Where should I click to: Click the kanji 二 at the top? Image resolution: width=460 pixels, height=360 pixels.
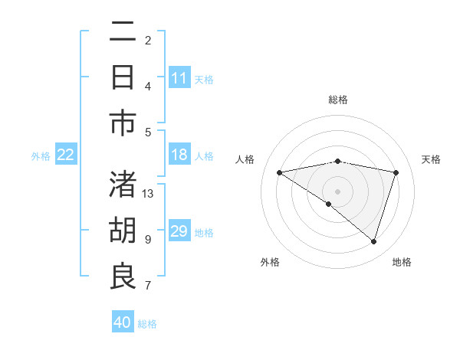[123, 34]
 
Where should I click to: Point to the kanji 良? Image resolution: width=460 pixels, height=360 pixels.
[123, 277]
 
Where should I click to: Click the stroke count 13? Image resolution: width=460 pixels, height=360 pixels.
[148, 193]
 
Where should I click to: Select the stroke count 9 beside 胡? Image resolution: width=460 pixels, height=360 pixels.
[148, 239]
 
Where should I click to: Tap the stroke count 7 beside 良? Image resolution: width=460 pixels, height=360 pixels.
[148, 286]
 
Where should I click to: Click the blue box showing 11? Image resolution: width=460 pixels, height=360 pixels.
[179, 78]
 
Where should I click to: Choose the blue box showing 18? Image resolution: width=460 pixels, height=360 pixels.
[179, 155]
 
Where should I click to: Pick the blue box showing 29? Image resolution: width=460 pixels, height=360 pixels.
[179, 231]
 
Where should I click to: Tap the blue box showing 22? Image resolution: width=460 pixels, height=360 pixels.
[65, 155]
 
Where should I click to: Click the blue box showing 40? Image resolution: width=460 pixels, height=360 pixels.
[123, 322]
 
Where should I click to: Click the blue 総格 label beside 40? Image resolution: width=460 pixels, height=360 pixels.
[147, 324]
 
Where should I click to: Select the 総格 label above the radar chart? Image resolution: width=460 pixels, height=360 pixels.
[337, 100]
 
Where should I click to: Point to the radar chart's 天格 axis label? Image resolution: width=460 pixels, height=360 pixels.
[431, 159]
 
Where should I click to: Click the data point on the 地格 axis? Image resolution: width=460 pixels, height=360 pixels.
[373, 241]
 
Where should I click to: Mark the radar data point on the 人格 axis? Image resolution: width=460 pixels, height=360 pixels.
[280, 172]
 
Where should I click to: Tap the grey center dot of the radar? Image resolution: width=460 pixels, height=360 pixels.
[337, 191]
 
